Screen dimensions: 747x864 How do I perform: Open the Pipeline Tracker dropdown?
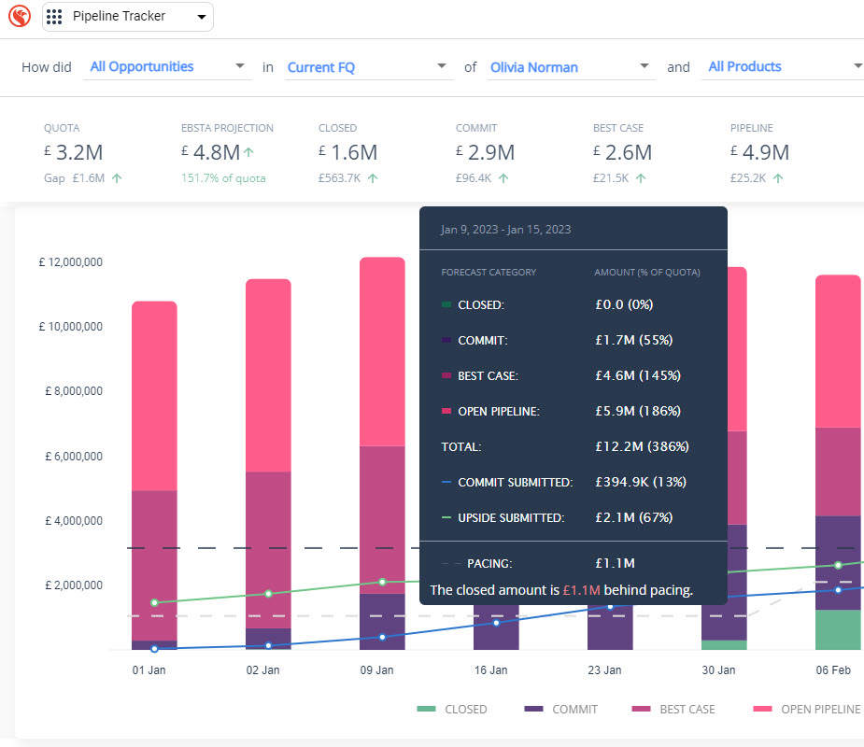coord(128,17)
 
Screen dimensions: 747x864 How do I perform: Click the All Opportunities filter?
coord(166,66)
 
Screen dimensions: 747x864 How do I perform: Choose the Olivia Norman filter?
coord(570,67)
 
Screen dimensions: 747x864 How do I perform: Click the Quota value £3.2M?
coord(73,152)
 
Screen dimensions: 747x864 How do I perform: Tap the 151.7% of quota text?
coord(223,178)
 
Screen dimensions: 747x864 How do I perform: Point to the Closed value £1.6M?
coord(347,152)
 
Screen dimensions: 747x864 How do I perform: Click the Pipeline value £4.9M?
coord(759,152)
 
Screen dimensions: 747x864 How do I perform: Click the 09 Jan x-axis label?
coord(376,670)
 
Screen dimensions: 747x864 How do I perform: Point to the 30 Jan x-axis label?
coord(718,670)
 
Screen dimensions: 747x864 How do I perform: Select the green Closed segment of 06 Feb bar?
coord(838,629)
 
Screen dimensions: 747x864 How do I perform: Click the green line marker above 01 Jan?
coord(154,602)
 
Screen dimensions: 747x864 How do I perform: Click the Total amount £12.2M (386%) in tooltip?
coord(642,447)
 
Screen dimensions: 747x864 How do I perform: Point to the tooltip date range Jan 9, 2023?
coord(505,229)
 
